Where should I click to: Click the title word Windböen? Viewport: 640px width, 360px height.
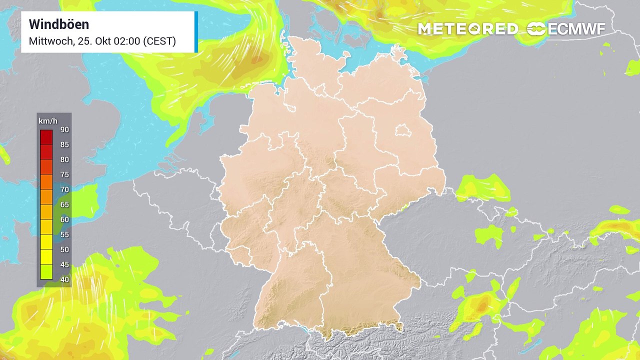coord(59,24)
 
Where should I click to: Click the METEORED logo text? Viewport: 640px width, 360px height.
coord(467,29)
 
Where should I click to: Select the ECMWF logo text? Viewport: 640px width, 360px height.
coord(576,29)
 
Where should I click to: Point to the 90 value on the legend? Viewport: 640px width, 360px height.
coord(64,129)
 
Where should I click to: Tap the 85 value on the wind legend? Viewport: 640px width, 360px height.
coord(64,144)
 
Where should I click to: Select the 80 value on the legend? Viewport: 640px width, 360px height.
coord(64,159)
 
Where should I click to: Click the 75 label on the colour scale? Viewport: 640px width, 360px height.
coord(64,174)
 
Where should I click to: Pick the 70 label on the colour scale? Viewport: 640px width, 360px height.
coord(64,189)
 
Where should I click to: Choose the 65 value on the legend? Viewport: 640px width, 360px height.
coord(64,204)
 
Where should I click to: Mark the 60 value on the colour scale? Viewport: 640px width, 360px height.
coord(64,219)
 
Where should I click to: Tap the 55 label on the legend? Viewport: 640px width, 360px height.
coord(64,234)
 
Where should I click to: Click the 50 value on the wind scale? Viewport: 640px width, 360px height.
coord(64,249)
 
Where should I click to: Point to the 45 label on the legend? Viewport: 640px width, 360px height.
coord(64,264)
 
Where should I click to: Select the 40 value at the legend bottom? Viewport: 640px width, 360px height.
coord(64,279)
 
